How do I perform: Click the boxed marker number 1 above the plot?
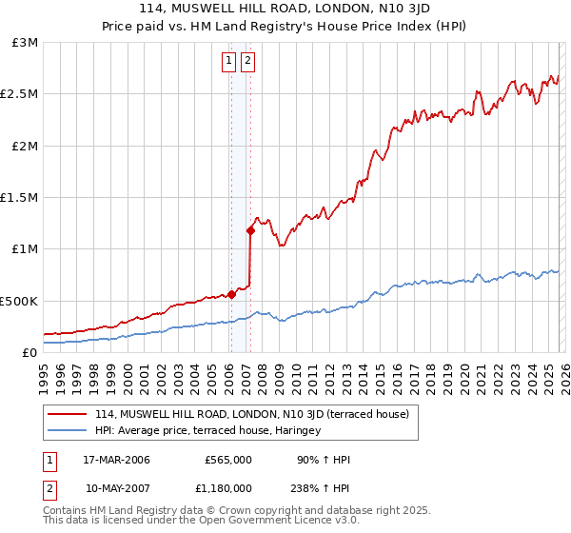click(x=230, y=62)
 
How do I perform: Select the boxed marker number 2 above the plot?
click(x=247, y=62)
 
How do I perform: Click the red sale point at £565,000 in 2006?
click(x=231, y=294)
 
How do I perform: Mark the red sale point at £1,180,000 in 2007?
click(x=250, y=230)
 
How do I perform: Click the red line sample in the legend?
click(x=68, y=414)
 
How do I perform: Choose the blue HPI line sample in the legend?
click(x=68, y=430)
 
